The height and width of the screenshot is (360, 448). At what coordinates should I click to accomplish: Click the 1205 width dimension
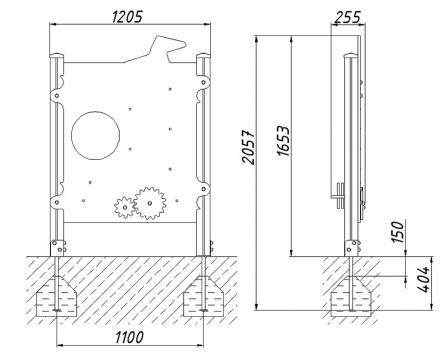[127, 17]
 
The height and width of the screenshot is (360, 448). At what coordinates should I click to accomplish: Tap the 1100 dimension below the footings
[130, 337]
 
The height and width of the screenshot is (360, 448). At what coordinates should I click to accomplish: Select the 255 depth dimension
[347, 17]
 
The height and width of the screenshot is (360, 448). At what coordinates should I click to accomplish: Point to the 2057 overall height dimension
[249, 147]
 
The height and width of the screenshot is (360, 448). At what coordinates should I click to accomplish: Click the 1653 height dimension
[283, 141]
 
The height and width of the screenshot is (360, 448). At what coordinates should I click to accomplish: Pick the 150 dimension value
[398, 232]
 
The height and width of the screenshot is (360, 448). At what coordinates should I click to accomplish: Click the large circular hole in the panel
[96, 135]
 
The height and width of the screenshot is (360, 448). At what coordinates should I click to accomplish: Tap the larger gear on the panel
[150, 203]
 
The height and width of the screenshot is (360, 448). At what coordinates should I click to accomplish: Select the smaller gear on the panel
[125, 208]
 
